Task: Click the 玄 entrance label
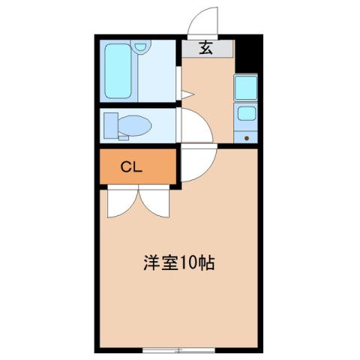(x=205, y=49)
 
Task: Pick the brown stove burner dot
(x=247, y=138)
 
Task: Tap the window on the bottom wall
(x=178, y=350)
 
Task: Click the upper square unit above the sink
(x=246, y=88)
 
